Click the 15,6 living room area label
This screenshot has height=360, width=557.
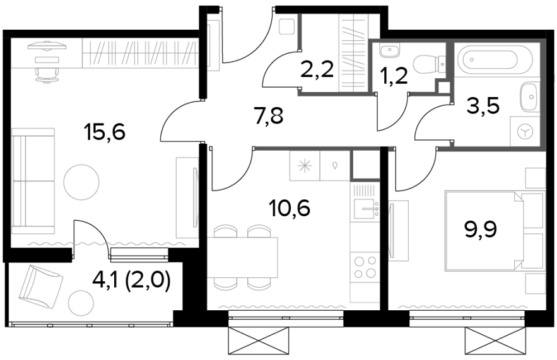click(x=105, y=133)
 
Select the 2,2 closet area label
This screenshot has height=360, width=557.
click(x=317, y=69)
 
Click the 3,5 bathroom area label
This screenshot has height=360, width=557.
click(x=483, y=105)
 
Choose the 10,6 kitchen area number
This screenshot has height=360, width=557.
click(x=290, y=207)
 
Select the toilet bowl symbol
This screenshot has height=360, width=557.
click(x=427, y=63)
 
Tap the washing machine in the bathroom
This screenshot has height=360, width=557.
click(x=525, y=131)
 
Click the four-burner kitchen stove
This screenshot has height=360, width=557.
click(x=365, y=267)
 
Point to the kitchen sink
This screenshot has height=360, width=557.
click(x=365, y=206)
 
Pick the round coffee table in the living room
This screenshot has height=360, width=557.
click(x=81, y=182)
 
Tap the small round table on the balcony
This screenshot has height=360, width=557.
click(x=79, y=301)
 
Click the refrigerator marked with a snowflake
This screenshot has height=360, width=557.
click(x=305, y=165)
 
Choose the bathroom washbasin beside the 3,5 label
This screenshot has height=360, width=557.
click(x=530, y=96)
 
